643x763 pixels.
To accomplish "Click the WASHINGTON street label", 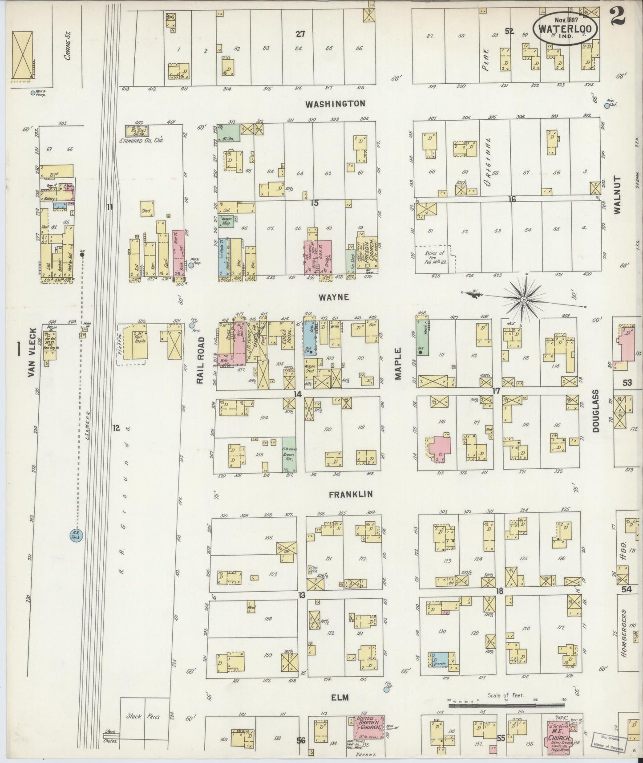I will [x=336, y=104].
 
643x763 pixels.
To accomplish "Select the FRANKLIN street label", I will [x=351, y=495].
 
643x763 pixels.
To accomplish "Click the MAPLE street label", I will [x=398, y=364].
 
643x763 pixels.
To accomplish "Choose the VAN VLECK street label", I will [x=31, y=353].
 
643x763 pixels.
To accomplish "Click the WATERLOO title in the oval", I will [x=563, y=28].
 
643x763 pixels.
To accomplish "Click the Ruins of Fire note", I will [x=435, y=257].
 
